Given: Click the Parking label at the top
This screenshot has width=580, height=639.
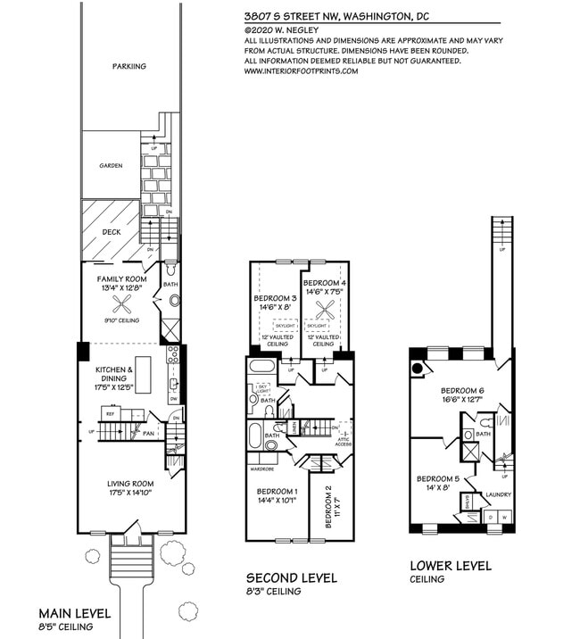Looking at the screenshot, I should pyautogui.click(x=129, y=66).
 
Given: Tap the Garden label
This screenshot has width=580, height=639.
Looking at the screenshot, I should pyautogui.click(x=111, y=165).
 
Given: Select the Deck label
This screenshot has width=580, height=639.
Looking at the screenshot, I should pyautogui.click(x=111, y=231).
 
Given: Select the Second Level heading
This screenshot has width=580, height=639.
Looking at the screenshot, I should pyautogui.click(x=292, y=578).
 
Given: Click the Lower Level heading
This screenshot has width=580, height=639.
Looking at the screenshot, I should pyautogui.click(x=450, y=566).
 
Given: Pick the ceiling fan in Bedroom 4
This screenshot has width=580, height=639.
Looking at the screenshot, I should pyautogui.click(x=323, y=311).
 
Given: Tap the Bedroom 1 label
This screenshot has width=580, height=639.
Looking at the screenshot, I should pyautogui.click(x=277, y=492).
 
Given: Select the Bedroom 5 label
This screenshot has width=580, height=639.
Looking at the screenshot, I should pyautogui.click(x=437, y=478).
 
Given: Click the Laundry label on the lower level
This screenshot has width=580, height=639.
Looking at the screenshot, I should pyautogui.click(x=497, y=495).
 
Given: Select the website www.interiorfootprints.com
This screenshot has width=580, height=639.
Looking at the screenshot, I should pyautogui.click(x=300, y=71).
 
